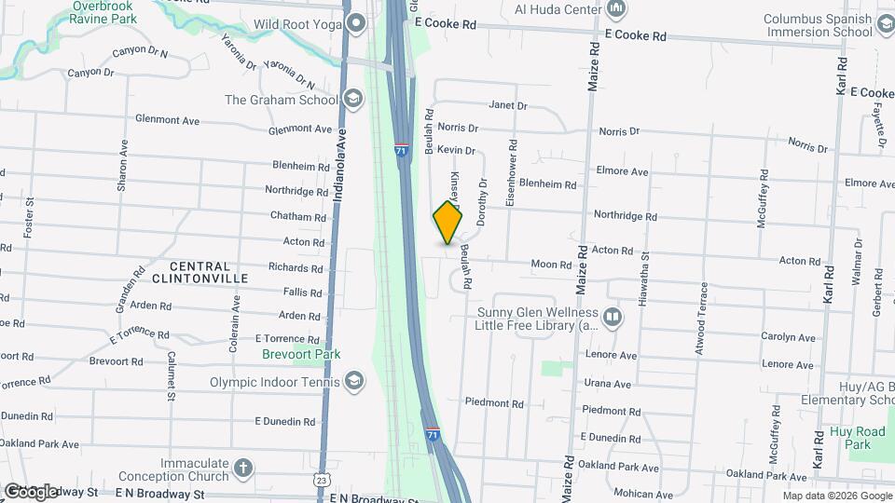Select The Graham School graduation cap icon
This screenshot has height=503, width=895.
click(352, 99)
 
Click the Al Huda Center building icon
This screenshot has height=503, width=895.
click(615, 9)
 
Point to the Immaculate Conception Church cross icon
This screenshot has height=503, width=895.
click(242, 469)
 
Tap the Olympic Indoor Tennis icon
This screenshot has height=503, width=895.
click(354, 381)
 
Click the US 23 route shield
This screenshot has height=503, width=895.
click(322, 480)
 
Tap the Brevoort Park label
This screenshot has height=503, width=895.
click(301, 354)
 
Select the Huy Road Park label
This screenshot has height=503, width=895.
click(857, 438)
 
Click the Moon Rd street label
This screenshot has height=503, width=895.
click(551, 265)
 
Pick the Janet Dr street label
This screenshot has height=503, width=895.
click(508, 106)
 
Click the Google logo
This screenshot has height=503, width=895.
click(31, 491)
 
